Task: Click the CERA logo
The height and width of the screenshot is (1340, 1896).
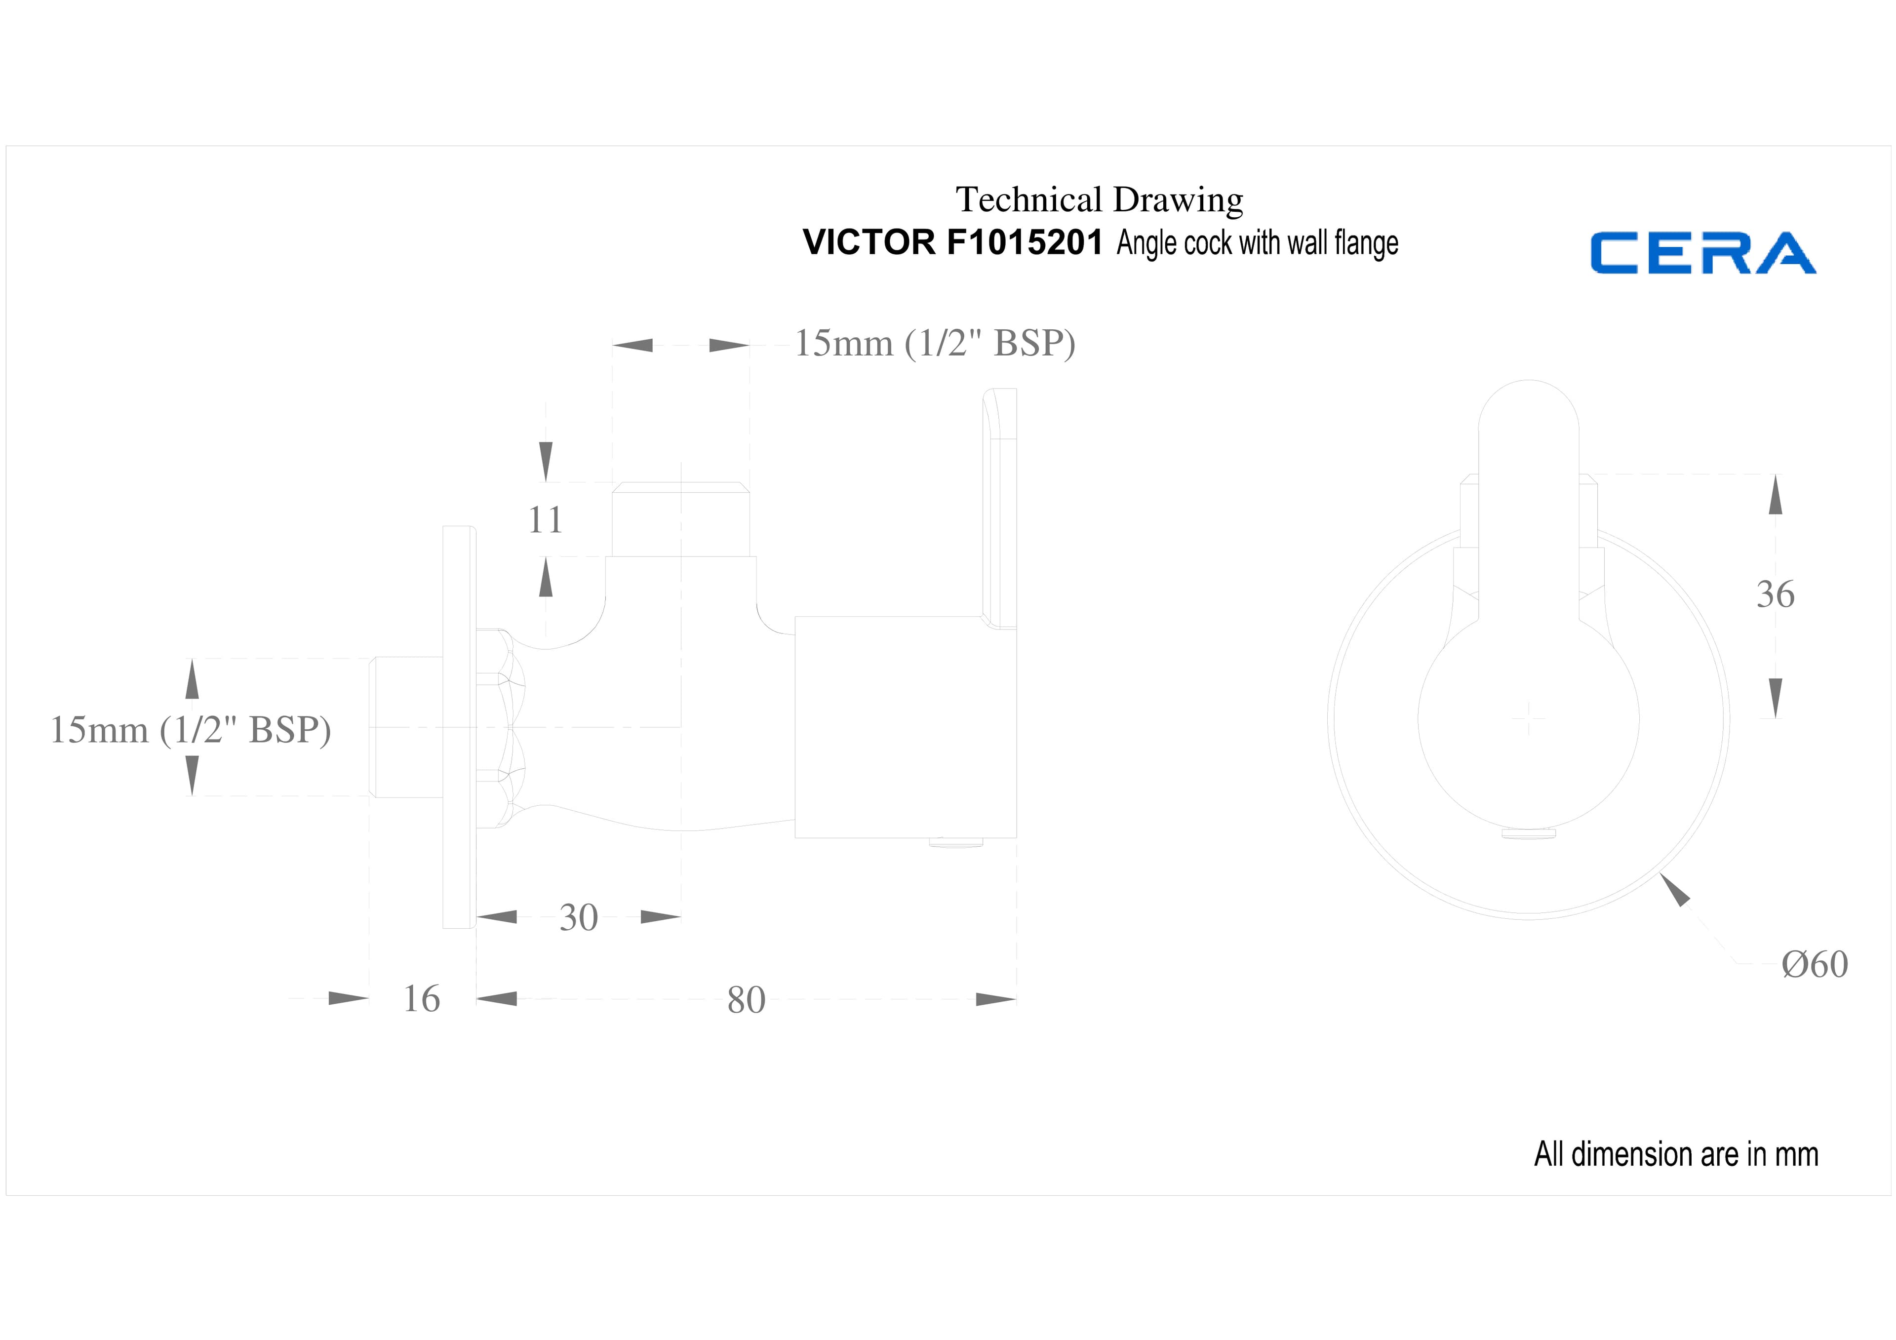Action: [x=1703, y=253]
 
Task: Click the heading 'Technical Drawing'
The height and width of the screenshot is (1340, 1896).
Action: [x=1099, y=200]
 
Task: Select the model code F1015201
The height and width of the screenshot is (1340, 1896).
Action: [x=1025, y=243]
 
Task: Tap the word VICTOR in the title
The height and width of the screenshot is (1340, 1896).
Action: [x=869, y=243]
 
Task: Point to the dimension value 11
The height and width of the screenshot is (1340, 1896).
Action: [x=545, y=520]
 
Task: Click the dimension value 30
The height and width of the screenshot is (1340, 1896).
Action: [x=578, y=917]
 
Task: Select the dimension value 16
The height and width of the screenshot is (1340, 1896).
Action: [x=421, y=999]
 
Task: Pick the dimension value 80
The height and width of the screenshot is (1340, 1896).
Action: [x=747, y=1000]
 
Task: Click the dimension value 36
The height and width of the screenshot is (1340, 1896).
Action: [x=1776, y=594]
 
